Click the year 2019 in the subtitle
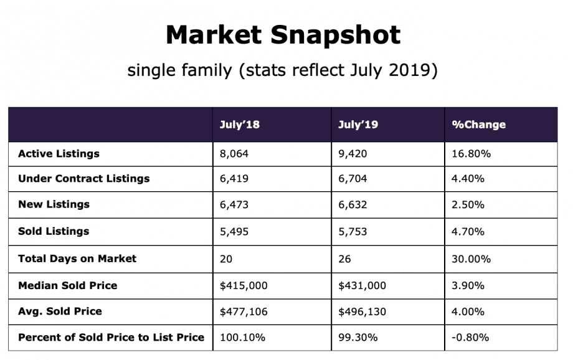pyautogui.click(x=402, y=70)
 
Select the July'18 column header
pyautogui.click(x=239, y=125)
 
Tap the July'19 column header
pyautogui.click(x=358, y=125)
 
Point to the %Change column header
pyautogui.click(x=478, y=125)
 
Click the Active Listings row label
pyautogui.click(x=59, y=153)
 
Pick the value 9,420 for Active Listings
pyautogui.click(x=352, y=153)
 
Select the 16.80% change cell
pyautogui.click(x=471, y=153)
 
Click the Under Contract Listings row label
pyautogui.click(x=83, y=179)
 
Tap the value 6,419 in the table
pyautogui.click(x=234, y=179)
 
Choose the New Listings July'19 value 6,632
pyautogui.click(x=352, y=205)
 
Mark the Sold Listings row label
pyautogui.click(x=54, y=231)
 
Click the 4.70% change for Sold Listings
pyautogui.click(x=468, y=231)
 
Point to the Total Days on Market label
pyautogui.click(x=77, y=258)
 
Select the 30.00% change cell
pyautogui.click(x=471, y=258)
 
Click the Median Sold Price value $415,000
pyautogui.click(x=243, y=285)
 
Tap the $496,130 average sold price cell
pyautogui.click(x=362, y=311)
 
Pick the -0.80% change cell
pyautogui.click(x=470, y=338)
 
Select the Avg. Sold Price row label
pyautogui.click(x=60, y=311)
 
